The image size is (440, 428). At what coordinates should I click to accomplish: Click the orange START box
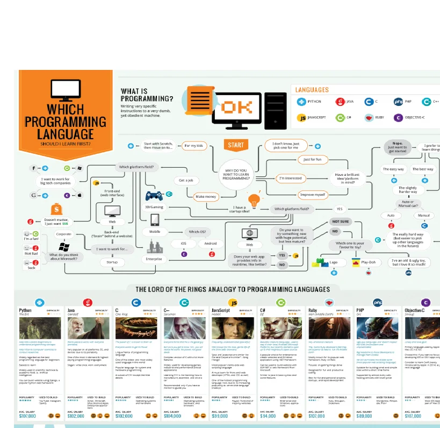235,145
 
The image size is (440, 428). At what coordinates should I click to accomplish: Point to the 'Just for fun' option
312,160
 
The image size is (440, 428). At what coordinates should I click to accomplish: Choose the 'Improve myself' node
312,195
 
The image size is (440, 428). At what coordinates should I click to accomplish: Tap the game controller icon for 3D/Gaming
155,196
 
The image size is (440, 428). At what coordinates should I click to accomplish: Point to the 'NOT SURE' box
340,221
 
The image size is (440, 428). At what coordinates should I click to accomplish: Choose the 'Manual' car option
424,215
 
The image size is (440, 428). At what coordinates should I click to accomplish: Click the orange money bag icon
56,209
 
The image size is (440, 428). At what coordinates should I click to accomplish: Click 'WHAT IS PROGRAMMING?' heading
147,95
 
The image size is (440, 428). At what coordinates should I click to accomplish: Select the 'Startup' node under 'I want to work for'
112,262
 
